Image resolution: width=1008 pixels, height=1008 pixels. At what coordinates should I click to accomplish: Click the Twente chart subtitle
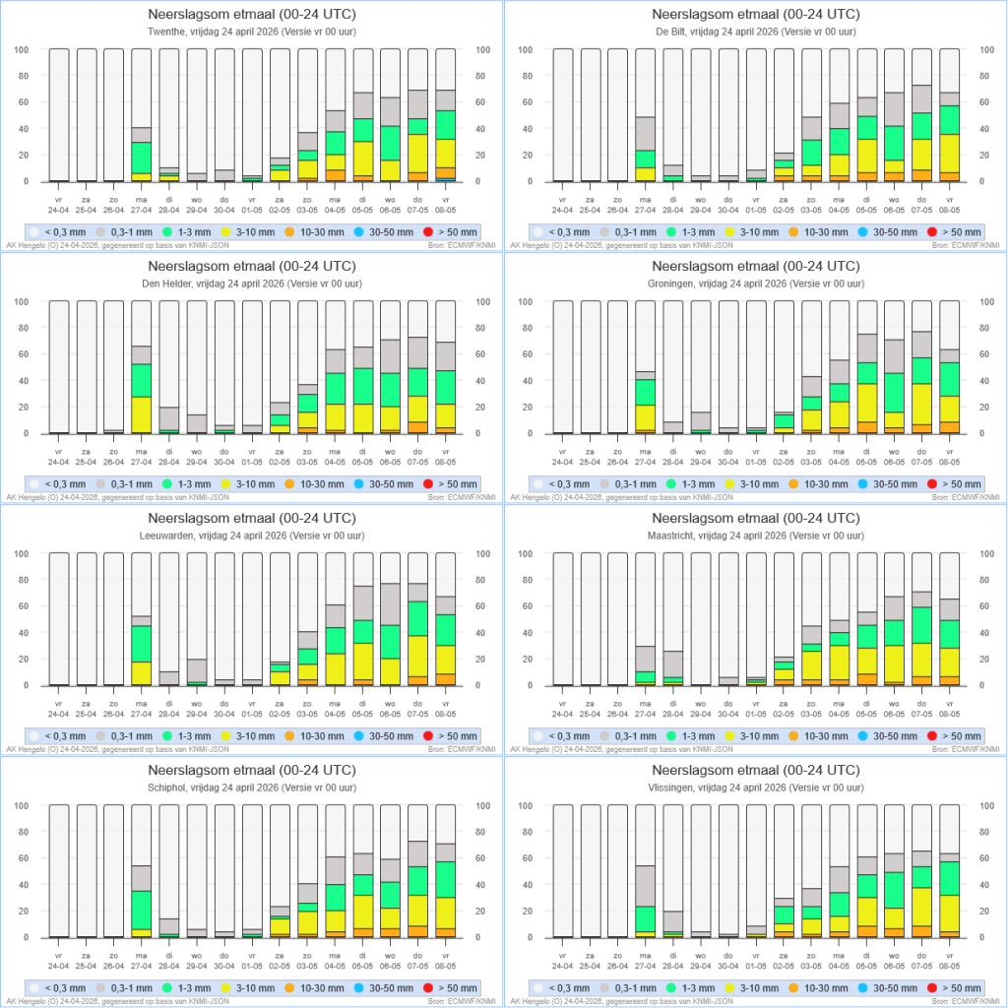click(x=251, y=31)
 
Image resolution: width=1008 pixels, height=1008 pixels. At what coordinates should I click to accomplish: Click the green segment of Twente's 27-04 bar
click(x=142, y=157)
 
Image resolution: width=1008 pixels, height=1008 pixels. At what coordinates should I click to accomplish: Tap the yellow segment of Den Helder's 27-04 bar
click(x=142, y=414)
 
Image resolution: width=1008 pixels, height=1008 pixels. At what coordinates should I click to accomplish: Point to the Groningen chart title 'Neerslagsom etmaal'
click(x=755, y=266)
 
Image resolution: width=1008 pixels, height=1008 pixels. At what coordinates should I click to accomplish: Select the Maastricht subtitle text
click(x=755, y=535)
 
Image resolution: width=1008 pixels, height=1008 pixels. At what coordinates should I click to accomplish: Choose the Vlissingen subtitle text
click(x=755, y=787)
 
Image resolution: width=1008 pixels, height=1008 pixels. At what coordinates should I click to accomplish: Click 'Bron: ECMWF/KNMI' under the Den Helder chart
click(x=467, y=497)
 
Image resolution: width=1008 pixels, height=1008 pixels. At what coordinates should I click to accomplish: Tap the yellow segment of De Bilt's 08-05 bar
click(x=950, y=154)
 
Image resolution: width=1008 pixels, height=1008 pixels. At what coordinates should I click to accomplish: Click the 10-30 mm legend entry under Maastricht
click(x=815, y=735)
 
